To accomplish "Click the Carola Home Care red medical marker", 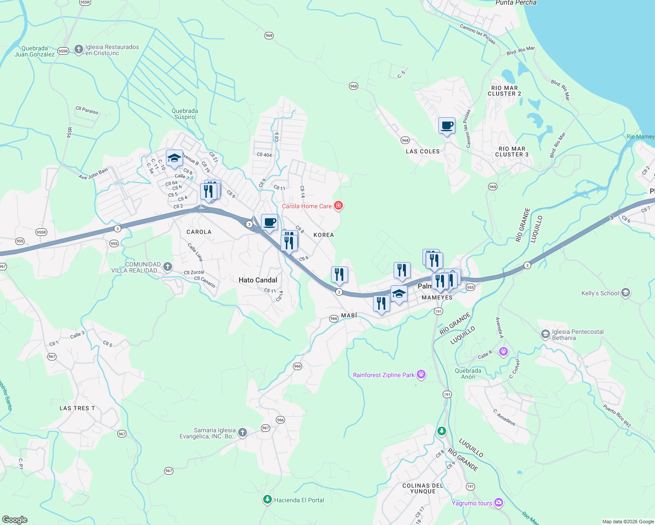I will [338, 205].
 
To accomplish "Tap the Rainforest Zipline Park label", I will [384, 375].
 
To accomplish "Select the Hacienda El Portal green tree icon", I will [267, 499].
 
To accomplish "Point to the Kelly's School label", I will [600, 293].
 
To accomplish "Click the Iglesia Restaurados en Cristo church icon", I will [79, 49].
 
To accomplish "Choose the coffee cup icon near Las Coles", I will [447, 126].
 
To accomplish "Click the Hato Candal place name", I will [258, 280].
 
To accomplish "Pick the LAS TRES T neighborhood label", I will [77, 408].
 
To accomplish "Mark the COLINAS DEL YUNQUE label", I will [423, 488].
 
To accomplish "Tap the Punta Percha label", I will [516, 3].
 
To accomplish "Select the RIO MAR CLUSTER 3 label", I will [512, 152].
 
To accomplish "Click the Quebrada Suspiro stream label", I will [185, 114].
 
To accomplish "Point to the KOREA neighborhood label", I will [324, 235].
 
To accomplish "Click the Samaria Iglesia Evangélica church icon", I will [242, 433].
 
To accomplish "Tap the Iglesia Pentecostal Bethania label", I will [578, 335].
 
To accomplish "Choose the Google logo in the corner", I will [15, 519].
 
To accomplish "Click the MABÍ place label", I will [349, 315].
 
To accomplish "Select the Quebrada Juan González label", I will [35, 51].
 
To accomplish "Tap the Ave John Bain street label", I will [93, 174].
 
